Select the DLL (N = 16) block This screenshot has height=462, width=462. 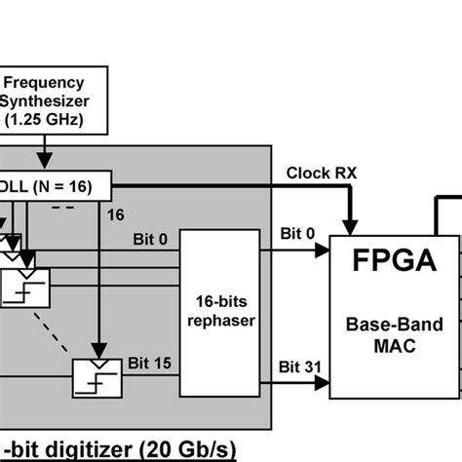(x=55, y=186)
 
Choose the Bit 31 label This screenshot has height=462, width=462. (x=295, y=366)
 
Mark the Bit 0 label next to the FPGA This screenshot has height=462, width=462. (x=297, y=235)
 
